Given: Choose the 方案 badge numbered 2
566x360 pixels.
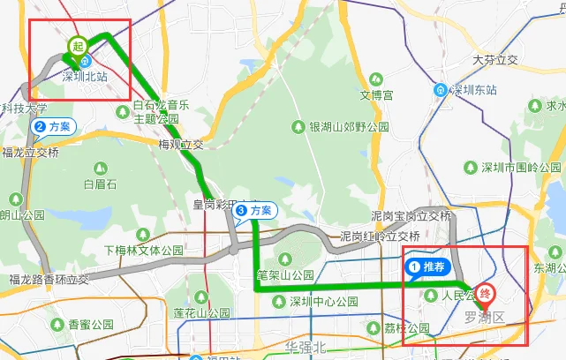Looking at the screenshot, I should tap(53, 127).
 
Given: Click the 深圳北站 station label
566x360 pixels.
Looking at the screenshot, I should tap(85, 76).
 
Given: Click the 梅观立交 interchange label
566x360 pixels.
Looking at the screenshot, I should tap(181, 144).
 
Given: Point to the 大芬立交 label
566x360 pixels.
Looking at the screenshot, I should tap(494, 60).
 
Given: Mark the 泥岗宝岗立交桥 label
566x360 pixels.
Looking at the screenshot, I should tap(411, 216).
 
